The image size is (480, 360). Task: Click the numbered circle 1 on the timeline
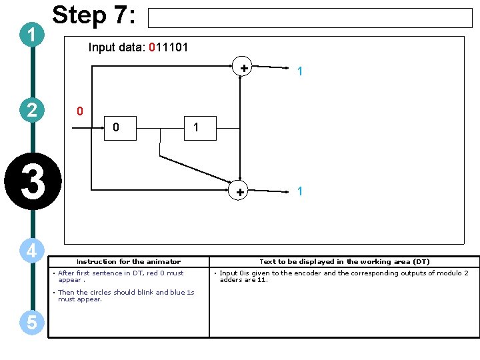(x=32, y=35)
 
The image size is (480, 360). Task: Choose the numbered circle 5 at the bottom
(x=32, y=323)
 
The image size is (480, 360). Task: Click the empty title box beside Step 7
(x=309, y=18)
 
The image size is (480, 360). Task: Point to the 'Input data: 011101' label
(x=138, y=47)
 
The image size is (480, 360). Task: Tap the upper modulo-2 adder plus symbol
(x=244, y=67)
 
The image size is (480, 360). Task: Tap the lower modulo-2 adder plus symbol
(x=239, y=192)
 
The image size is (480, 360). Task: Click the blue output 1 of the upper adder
(x=301, y=71)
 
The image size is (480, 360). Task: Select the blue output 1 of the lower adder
(x=301, y=191)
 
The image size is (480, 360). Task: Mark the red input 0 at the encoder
(x=79, y=111)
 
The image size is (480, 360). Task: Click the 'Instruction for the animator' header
(x=129, y=262)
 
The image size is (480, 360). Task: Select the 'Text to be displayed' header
(x=344, y=262)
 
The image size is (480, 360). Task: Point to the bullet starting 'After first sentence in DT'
(x=120, y=276)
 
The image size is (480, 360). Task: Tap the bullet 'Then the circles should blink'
(x=125, y=295)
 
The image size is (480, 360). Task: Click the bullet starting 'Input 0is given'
(x=343, y=276)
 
